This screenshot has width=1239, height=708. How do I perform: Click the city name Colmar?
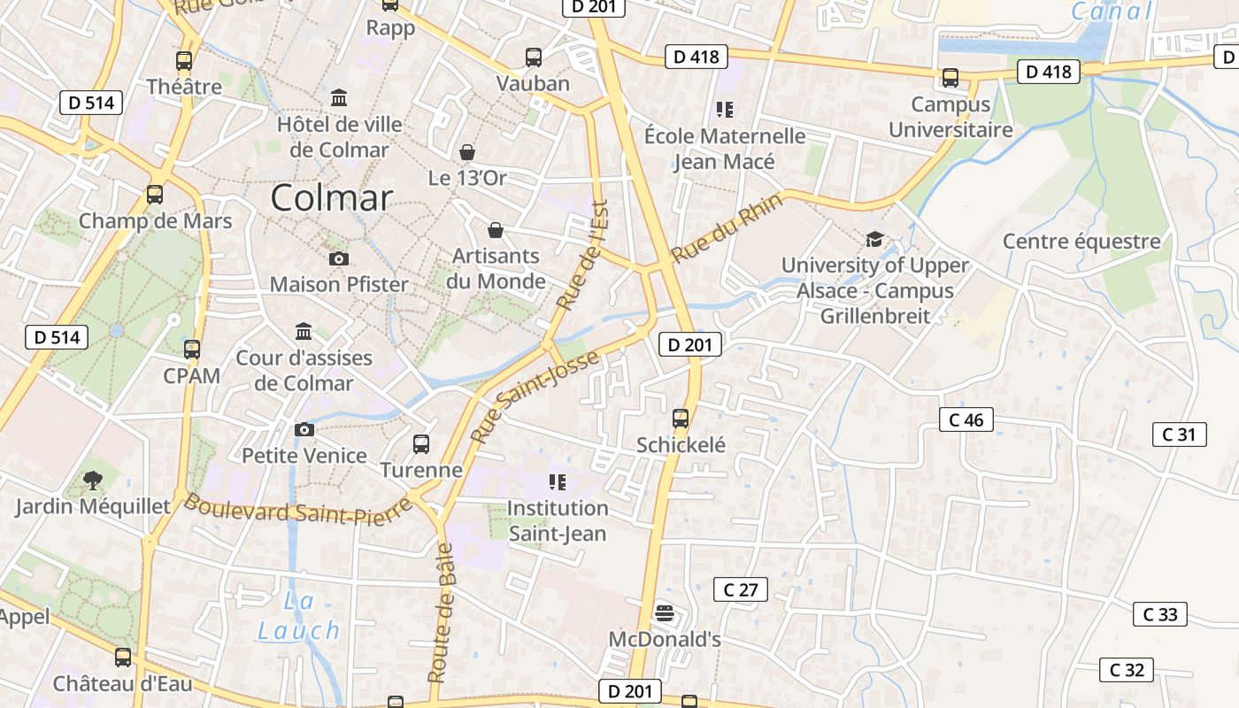[331, 197]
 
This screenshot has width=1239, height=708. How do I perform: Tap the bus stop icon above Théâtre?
[184, 61]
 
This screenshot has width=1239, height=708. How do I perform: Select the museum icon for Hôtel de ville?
[339, 96]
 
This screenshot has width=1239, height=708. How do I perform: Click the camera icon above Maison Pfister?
[338, 258]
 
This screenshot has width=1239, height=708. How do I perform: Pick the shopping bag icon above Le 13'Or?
[466, 152]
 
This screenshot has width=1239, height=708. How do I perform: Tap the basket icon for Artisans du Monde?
[496, 230]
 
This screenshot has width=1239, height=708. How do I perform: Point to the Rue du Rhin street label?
[727, 228]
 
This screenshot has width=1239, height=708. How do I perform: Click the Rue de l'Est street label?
[583, 255]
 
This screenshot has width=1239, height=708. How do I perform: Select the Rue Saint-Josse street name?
[535, 397]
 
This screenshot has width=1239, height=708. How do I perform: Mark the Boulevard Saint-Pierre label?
[297, 511]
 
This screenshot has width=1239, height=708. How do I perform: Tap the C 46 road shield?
[966, 419]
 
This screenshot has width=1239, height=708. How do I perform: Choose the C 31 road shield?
[1179, 435]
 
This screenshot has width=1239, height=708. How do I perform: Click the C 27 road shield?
[740, 589]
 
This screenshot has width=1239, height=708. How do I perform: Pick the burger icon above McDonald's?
[665, 613]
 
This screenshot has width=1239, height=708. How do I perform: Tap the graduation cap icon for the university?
[874, 239]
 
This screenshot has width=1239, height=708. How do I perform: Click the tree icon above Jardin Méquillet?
[92, 481]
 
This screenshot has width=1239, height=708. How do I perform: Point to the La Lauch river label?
[298, 617]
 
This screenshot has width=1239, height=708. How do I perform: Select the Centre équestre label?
[1081, 242]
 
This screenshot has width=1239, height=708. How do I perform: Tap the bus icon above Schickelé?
[681, 419]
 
